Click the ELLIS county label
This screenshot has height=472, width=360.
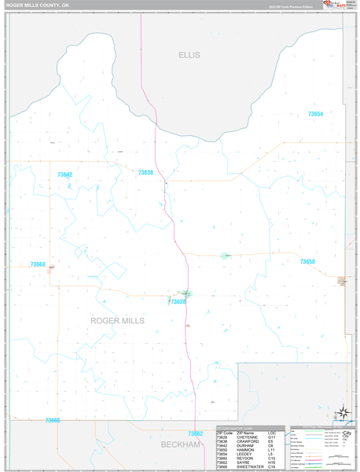189,55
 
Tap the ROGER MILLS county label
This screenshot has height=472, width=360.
117,320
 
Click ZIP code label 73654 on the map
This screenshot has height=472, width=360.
315,114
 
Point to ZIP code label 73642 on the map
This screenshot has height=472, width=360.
64,175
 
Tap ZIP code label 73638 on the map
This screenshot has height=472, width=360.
145,172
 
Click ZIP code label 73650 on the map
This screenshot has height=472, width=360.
307,261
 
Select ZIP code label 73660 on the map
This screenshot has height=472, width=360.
38,264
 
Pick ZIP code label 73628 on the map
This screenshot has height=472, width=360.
177,301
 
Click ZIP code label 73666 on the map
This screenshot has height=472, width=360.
52,420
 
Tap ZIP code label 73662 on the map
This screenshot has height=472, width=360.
195,433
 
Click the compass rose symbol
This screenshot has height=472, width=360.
343,411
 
